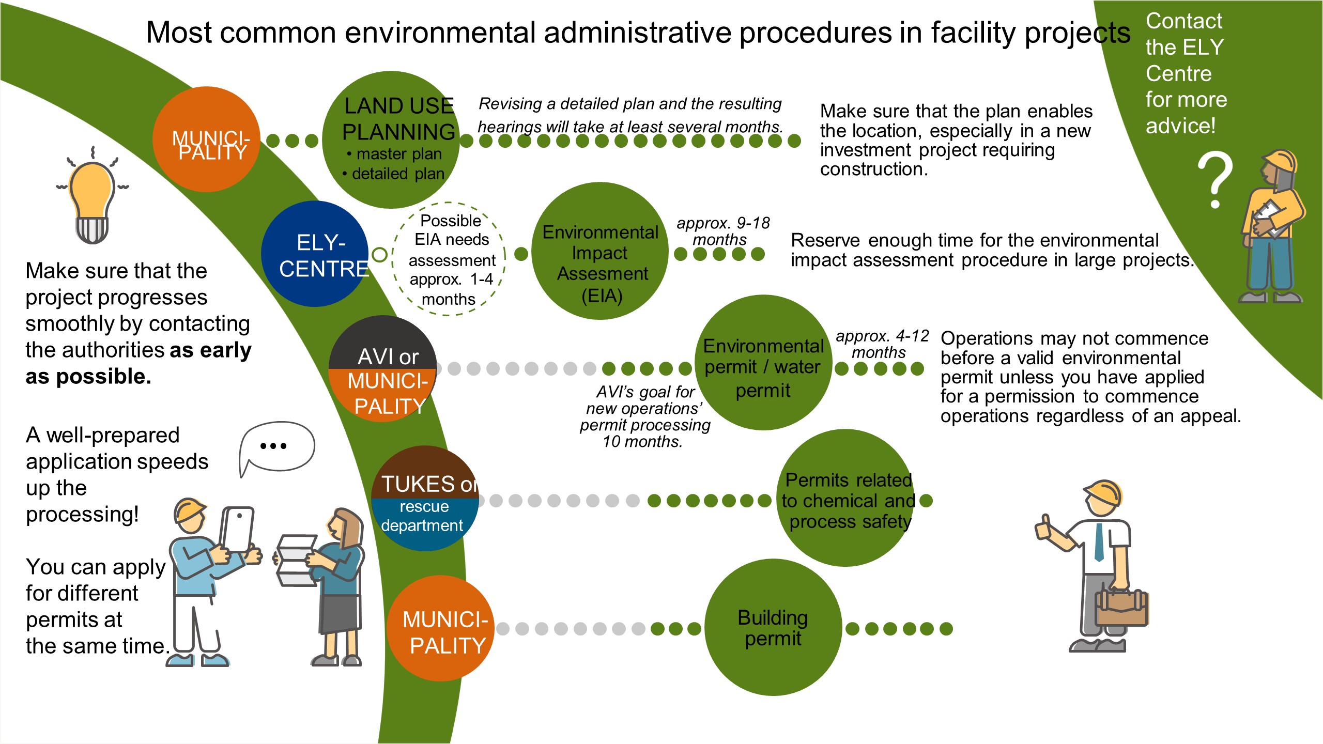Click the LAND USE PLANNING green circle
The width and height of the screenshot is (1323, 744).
[x=391, y=139]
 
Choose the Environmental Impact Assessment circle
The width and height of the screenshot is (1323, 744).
[x=599, y=252]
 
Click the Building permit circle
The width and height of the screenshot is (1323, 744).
[x=773, y=627]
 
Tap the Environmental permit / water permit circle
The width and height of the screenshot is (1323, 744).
[x=764, y=363]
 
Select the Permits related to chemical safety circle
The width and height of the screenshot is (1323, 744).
[x=846, y=499]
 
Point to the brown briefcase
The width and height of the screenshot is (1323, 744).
[x=1122, y=608]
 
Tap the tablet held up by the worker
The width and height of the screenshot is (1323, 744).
[x=237, y=530]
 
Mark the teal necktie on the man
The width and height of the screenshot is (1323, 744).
[x=1099, y=542]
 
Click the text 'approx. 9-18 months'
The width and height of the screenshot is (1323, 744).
[x=722, y=231]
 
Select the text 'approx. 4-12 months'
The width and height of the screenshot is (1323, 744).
[x=882, y=344]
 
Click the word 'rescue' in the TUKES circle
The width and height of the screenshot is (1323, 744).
[x=424, y=507]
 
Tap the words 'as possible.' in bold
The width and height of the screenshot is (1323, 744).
[x=88, y=377]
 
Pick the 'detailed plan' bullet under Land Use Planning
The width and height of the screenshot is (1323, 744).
[x=398, y=174]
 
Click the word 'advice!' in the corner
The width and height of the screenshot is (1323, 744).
[x=1180, y=126]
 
